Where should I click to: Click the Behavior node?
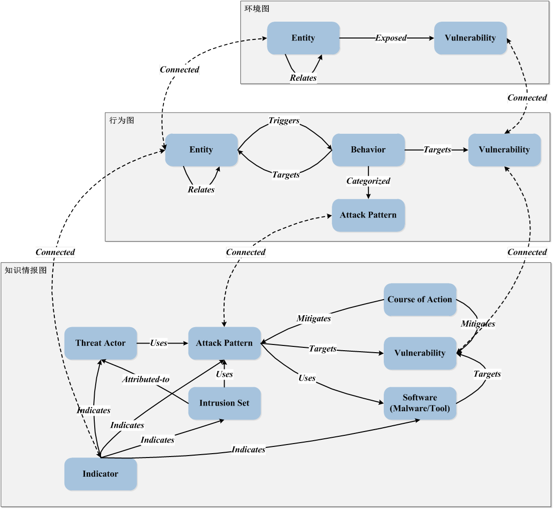(368, 150)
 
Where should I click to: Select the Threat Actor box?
(101, 343)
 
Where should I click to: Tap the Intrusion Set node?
(224, 403)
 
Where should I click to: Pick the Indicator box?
(101, 474)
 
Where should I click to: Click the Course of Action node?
(420, 299)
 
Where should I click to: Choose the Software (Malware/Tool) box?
(420, 403)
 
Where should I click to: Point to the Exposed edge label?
(391, 38)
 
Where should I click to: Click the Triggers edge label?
(284, 121)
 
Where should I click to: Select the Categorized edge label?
(368, 181)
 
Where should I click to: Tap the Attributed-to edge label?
(145, 380)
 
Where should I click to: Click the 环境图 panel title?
(257, 9)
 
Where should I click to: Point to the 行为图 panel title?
(122, 120)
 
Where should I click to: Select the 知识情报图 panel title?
(26, 270)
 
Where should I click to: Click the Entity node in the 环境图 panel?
(303, 38)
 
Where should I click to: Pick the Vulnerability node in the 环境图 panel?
(470, 38)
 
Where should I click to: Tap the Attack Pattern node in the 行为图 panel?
(368, 215)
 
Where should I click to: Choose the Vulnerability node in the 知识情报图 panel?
(420, 353)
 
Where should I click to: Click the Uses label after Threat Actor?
(159, 343)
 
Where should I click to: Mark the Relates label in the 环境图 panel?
(303, 78)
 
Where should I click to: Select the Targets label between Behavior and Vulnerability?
(437, 150)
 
